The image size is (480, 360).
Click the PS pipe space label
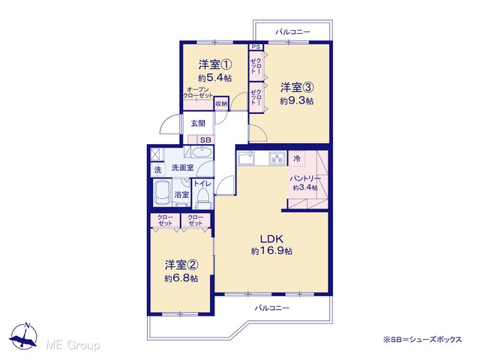click(x=256, y=47)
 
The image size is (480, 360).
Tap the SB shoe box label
click(x=205, y=140)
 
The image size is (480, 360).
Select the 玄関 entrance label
click(x=198, y=123)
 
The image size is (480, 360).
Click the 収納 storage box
click(x=221, y=103)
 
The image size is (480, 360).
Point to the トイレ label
click(x=202, y=184)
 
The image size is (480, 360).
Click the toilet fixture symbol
click(x=202, y=198)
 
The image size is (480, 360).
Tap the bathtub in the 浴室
click(x=163, y=193)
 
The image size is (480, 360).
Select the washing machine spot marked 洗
click(x=157, y=169)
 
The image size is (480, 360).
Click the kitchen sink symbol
click(x=247, y=158)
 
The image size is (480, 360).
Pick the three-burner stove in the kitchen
click(x=277, y=158)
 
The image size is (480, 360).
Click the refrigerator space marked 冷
click(x=297, y=158)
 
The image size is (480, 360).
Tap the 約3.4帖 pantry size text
click(x=305, y=187)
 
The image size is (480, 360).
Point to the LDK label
click(x=271, y=238)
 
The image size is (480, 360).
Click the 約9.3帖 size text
click(x=297, y=101)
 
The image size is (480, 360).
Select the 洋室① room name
click(x=215, y=64)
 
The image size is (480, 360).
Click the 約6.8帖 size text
click(x=181, y=278)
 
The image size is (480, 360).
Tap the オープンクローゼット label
click(x=198, y=92)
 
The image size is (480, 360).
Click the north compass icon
click(x=23, y=336)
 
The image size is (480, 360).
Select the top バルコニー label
click(x=293, y=31)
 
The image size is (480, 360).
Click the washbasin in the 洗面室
click(x=202, y=152)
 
